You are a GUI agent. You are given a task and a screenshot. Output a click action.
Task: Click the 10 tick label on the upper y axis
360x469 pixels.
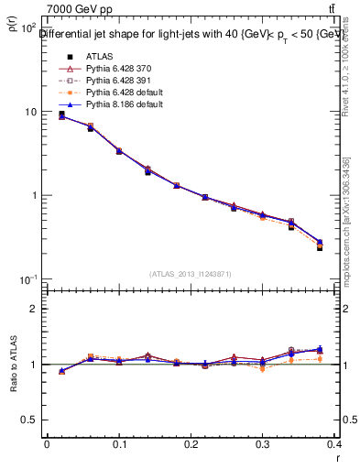(x=29, y=112)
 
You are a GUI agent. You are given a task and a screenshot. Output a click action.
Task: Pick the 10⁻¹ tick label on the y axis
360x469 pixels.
(x=27, y=278)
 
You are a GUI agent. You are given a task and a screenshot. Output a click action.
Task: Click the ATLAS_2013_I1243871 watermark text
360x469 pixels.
(x=191, y=274)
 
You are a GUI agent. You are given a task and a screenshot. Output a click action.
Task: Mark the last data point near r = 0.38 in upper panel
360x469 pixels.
(x=320, y=245)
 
